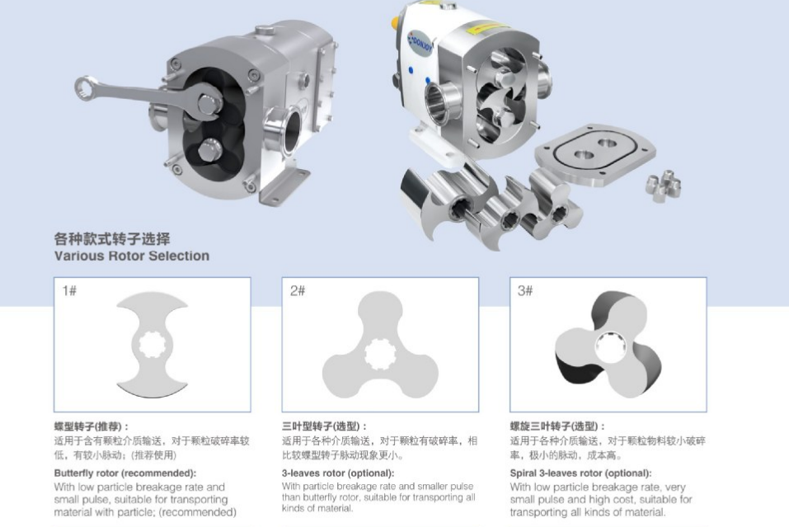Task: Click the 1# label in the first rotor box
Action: [69, 290]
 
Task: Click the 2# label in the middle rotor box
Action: [298, 290]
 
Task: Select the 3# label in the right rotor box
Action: [525, 290]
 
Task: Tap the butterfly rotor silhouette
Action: [152, 346]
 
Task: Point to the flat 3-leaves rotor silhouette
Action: [380, 347]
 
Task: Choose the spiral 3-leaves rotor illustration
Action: [608, 346]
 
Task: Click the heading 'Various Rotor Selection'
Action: [132, 256]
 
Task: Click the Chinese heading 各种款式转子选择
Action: [112, 238]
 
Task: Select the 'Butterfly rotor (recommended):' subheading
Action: [125, 473]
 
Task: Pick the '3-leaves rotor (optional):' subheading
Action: [338, 473]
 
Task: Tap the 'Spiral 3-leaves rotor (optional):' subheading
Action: [580, 473]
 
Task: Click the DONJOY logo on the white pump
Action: [420, 44]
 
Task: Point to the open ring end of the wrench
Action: [86, 88]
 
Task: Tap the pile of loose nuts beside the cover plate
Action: [663, 186]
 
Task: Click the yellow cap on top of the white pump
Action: [396, 21]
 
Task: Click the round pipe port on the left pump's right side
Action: [284, 131]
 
